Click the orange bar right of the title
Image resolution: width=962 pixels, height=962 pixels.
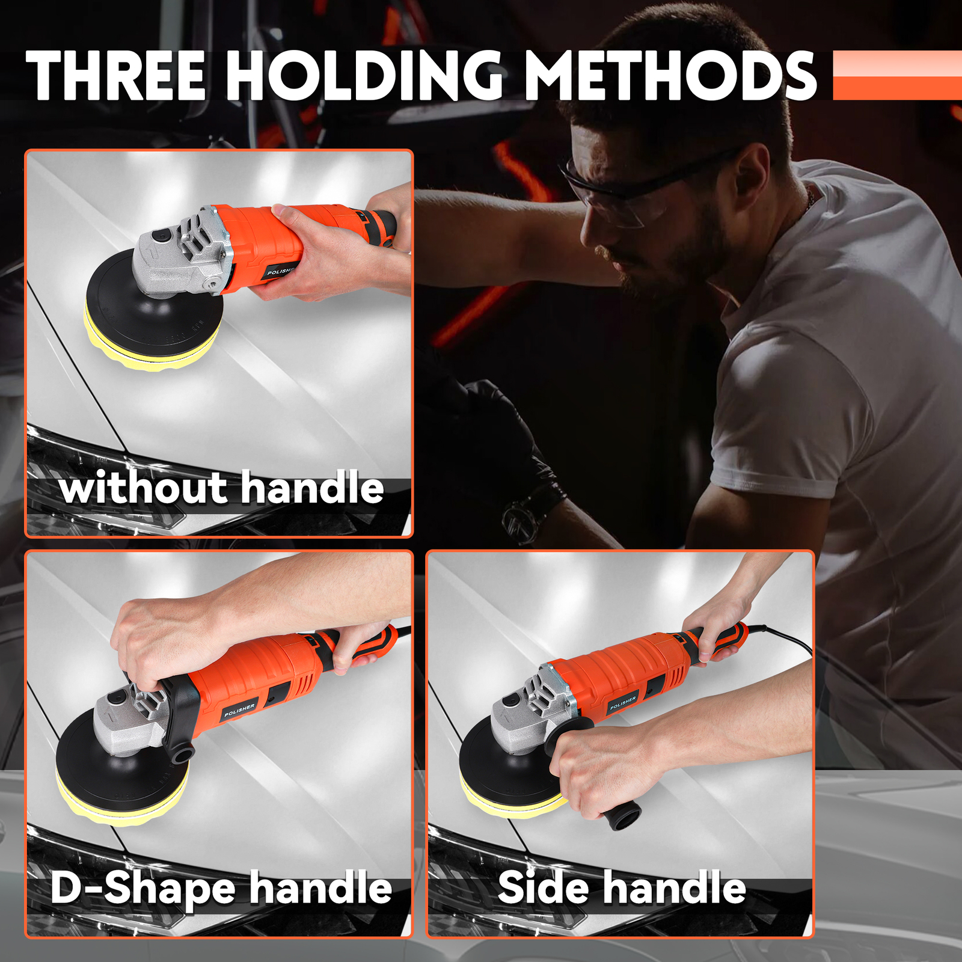[x=897, y=75]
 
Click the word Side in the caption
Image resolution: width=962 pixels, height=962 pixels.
[x=543, y=889]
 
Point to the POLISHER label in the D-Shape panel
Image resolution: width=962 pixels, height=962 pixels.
[x=239, y=709]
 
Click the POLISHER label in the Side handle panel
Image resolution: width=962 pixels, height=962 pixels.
[x=623, y=702]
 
